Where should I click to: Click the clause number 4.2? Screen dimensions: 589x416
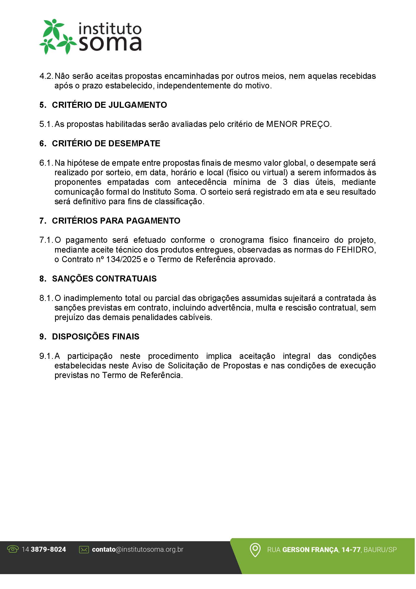pyautogui.click(x=46, y=76)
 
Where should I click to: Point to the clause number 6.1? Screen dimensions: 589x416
pyautogui.click(x=46, y=163)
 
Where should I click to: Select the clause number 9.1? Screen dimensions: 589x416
pyautogui.click(x=46, y=356)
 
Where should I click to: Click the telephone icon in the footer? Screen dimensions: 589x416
pyautogui.click(x=13, y=549)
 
